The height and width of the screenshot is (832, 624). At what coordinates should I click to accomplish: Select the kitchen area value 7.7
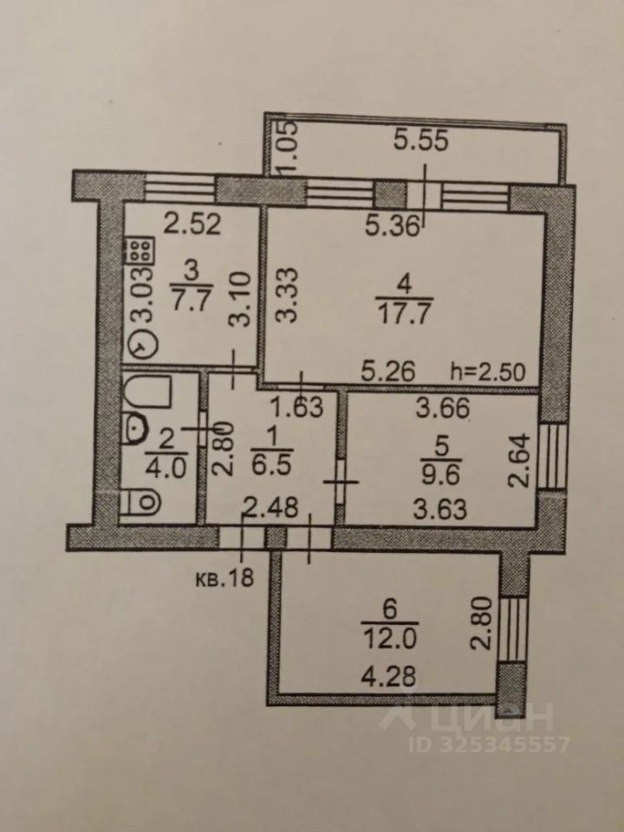[x=188, y=302]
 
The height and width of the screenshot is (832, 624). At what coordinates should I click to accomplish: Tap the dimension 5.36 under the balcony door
[x=395, y=228]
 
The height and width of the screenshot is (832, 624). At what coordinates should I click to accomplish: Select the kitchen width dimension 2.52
[x=194, y=226]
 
